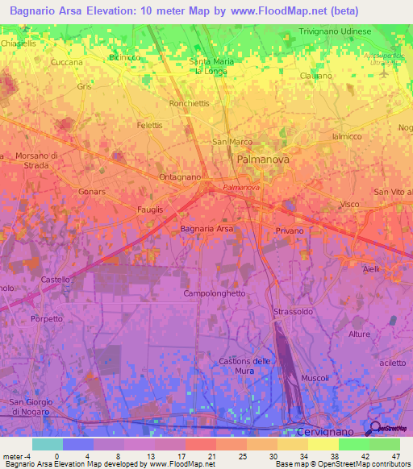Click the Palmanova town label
264,160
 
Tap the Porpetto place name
47,318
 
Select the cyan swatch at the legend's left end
48,444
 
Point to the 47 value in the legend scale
394,456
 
